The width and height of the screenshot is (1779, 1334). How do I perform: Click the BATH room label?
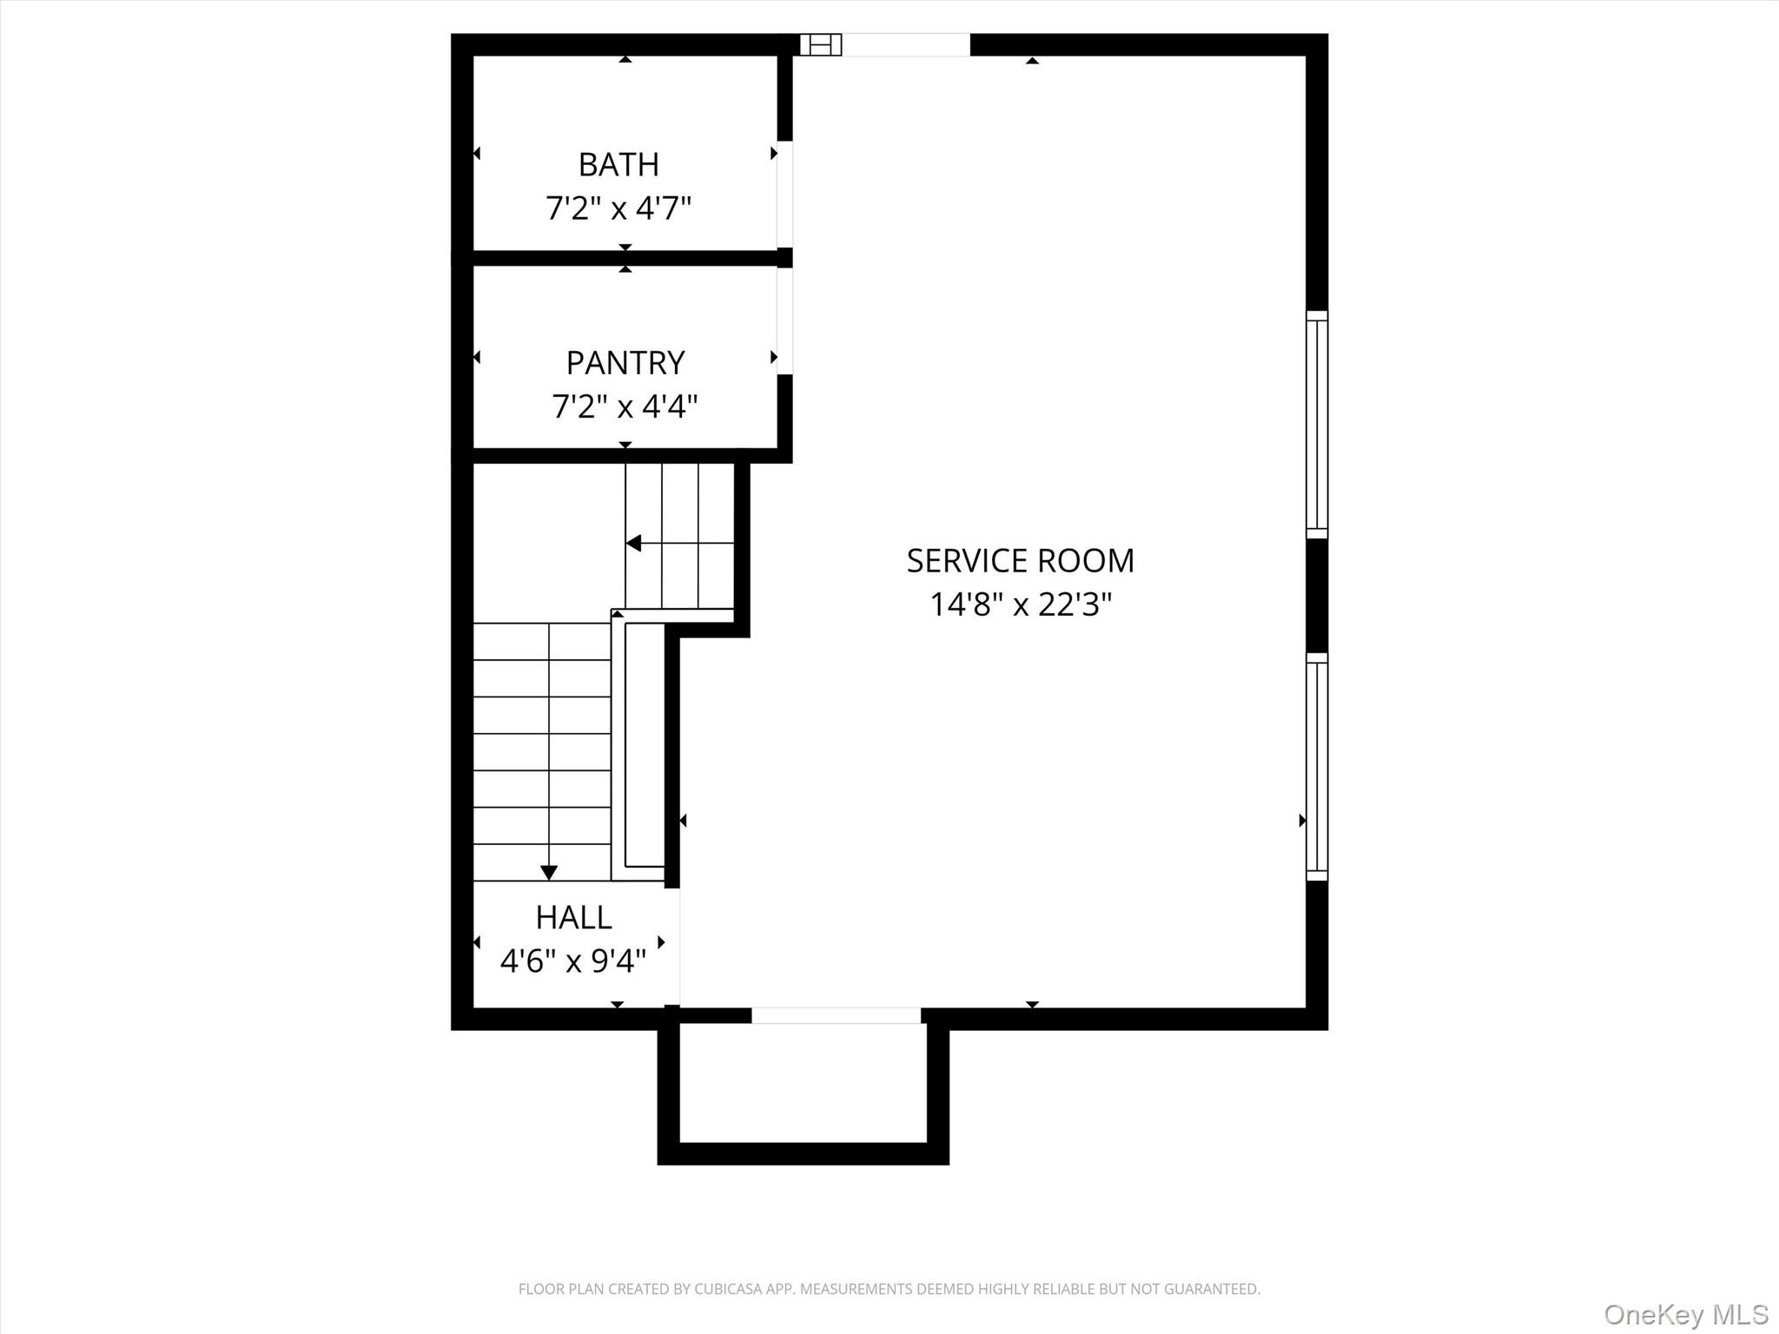tap(618, 164)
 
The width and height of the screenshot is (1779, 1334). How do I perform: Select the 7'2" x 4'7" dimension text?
tap(618, 208)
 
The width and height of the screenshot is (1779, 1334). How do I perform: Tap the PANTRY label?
tap(625, 362)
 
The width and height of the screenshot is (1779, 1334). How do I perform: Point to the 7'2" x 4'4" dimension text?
tap(625, 406)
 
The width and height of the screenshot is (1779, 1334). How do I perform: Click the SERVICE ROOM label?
tap(1021, 561)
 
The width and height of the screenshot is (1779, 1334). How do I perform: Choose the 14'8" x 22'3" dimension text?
tap(1021, 604)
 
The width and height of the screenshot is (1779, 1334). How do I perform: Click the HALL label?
tap(573, 917)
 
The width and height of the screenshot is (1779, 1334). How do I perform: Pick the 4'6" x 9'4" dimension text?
tap(573, 961)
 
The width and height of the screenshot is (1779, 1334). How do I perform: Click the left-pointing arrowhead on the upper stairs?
tap(633, 543)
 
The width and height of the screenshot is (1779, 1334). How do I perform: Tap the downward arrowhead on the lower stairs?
tap(549, 873)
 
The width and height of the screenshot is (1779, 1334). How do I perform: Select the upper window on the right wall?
tap(1317, 425)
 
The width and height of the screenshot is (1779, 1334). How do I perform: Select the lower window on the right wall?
tap(1317, 767)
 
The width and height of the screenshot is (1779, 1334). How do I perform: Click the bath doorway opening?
tap(784, 194)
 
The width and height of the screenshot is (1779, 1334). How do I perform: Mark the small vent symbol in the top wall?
tap(821, 44)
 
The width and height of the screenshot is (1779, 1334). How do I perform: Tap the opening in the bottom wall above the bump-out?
tap(836, 1015)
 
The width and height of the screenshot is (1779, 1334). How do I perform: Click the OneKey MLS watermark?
tap(1686, 1314)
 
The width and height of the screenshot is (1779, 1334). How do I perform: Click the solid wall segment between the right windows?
tap(1317, 596)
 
